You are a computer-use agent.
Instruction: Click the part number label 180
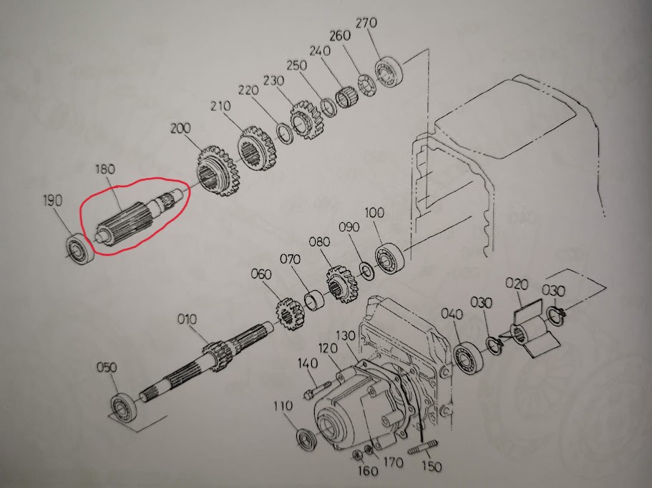tap(105, 169)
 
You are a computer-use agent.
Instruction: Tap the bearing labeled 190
tap(80, 248)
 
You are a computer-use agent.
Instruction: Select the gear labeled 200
tap(217, 171)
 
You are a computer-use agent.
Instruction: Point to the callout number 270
tap(366, 23)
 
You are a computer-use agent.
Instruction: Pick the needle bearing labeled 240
tap(347, 98)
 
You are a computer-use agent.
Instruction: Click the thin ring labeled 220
tap(286, 133)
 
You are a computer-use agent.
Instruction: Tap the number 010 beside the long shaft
tap(187, 319)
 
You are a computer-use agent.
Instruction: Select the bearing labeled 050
tap(124, 407)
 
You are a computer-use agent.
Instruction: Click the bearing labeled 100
tap(389, 257)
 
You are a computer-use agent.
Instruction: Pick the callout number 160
tap(368, 470)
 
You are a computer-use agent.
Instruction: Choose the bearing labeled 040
tap(469, 358)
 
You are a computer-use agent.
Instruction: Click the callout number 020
tap(517, 284)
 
